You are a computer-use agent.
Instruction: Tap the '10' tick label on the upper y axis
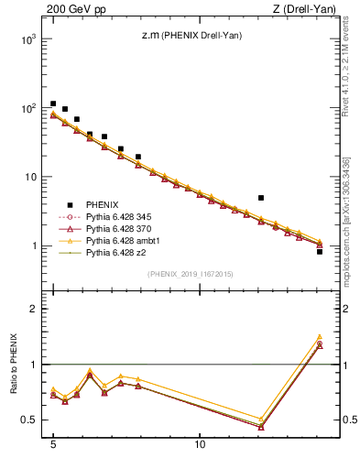tap(31, 177)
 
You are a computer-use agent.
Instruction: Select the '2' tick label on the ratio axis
tap(34, 309)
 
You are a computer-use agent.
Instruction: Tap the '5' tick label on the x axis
tap(53, 453)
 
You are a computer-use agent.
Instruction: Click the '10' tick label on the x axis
tap(200, 453)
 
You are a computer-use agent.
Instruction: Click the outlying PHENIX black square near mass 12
tap(261, 198)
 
